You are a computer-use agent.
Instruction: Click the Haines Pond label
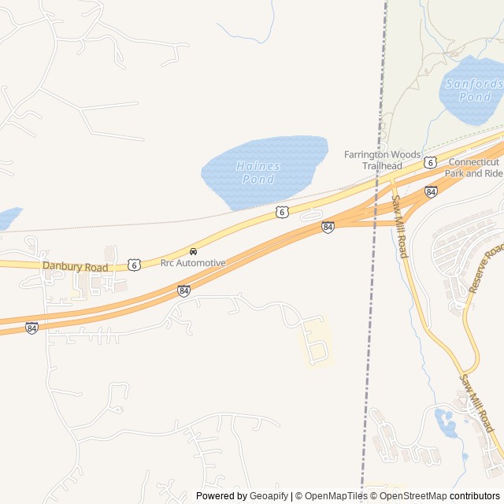(258, 172)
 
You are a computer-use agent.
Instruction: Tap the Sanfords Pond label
(474, 90)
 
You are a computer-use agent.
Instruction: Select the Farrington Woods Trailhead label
(382, 160)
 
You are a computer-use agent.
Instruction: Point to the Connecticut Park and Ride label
(473, 167)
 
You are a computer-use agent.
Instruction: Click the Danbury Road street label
(76, 267)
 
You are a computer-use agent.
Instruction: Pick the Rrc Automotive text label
(193, 263)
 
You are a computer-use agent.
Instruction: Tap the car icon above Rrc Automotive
(193, 251)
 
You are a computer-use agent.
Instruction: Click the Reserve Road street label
(485, 269)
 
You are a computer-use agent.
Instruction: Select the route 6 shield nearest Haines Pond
(282, 212)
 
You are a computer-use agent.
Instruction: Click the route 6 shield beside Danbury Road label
(135, 265)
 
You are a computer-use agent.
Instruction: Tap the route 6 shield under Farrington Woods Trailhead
(429, 162)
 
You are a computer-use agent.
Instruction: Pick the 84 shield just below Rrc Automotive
(183, 291)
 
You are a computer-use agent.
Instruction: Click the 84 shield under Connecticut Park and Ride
(431, 191)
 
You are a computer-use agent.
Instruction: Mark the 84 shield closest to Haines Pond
(328, 227)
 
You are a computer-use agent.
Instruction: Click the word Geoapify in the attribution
(269, 496)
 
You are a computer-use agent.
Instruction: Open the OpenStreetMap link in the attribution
(413, 496)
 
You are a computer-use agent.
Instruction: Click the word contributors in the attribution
(475, 496)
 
